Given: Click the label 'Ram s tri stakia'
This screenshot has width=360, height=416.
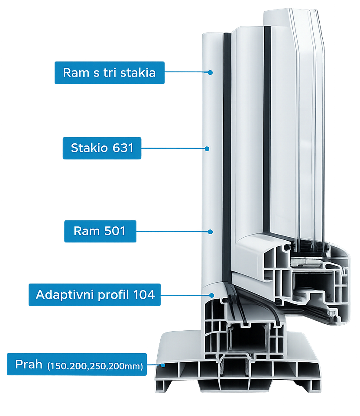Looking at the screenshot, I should (109, 72).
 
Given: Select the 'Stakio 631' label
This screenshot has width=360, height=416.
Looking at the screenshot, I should (102, 148).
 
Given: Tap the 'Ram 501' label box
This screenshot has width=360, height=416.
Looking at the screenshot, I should (99, 231).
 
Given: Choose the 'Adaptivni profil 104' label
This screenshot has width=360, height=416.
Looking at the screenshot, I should (95, 295).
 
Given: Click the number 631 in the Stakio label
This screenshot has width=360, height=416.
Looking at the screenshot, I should (123, 148).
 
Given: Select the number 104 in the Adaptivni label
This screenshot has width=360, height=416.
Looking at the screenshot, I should (144, 295).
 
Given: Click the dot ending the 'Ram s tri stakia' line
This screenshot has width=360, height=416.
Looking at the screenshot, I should (210, 72).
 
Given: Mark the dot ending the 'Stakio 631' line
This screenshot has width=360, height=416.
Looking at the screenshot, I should (207, 148).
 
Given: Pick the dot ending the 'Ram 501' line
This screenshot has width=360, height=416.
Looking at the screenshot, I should (210, 232).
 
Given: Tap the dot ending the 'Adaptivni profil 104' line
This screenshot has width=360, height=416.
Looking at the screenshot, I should (211, 295).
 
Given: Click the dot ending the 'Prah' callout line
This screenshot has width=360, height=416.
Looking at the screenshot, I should (164, 365).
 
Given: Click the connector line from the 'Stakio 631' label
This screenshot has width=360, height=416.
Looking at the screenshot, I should (173, 148).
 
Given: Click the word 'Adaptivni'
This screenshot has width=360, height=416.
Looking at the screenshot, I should (60, 295).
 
